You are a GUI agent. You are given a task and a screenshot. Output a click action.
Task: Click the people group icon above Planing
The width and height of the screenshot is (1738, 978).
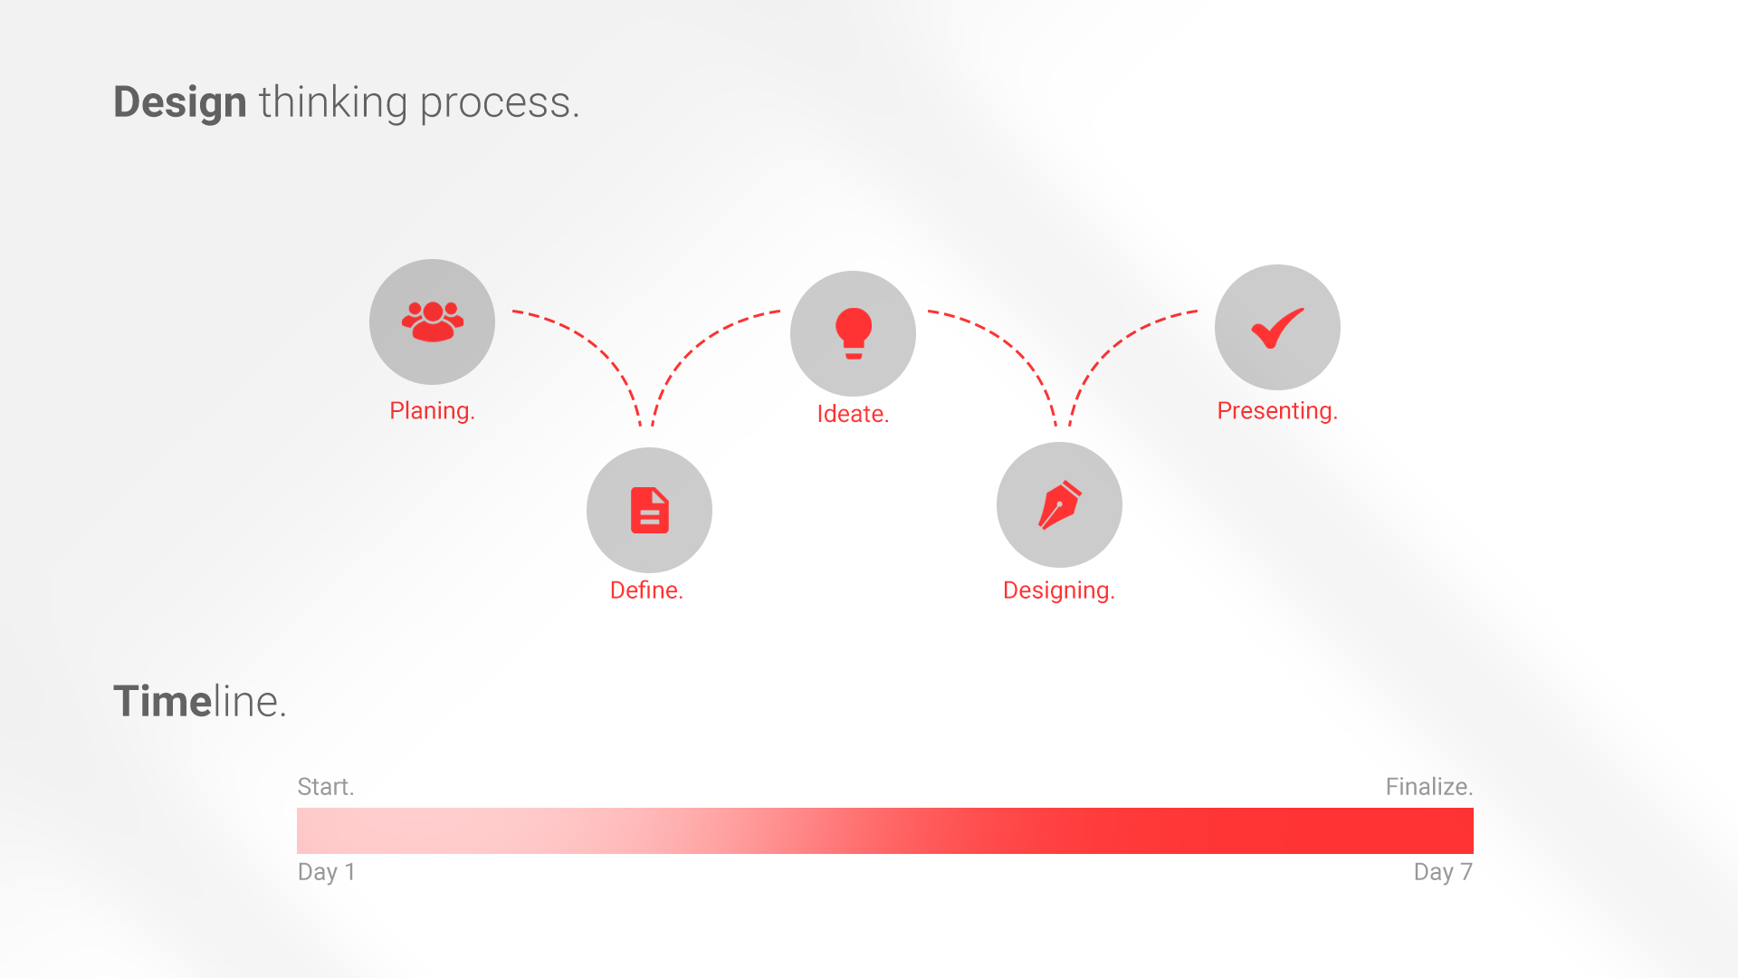click(x=433, y=321)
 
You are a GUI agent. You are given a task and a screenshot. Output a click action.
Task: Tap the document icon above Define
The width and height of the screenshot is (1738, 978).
click(x=650, y=510)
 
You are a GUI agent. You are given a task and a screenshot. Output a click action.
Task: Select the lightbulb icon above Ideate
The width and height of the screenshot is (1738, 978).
click(x=854, y=333)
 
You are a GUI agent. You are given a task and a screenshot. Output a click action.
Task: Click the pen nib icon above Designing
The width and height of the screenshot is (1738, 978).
click(x=1060, y=504)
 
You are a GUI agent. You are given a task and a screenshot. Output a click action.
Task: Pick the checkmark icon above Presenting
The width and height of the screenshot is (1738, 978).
click(x=1277, y=328)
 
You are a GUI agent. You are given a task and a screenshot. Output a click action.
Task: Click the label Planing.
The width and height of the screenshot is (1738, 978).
click(x=432, y=411)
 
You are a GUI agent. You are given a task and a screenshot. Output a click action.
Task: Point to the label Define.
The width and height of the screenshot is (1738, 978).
click(x=646, y=590)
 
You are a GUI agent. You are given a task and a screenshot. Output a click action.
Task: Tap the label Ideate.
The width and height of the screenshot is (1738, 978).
click(x=853, y=414)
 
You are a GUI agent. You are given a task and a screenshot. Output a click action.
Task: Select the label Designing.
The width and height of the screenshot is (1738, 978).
click(x=1059, y=591)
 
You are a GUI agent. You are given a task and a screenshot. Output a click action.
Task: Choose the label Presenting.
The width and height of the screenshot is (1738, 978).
click(x=1277, y=411)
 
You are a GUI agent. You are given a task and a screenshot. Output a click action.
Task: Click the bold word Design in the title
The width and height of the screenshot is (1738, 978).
click(x=180, y=102)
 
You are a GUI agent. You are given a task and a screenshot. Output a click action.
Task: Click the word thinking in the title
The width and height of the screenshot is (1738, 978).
click(x=333, y=102)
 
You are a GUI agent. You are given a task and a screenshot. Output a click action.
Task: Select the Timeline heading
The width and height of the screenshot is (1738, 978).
click(x=200, y=701)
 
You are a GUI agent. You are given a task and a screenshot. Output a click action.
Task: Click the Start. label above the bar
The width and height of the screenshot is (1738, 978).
click(x=326, y=787)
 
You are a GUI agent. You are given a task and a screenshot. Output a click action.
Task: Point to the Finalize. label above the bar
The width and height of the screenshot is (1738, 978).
click(x=1429, y=787)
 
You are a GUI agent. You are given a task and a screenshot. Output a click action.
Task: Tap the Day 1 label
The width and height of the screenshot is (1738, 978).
click(x=326, y=872)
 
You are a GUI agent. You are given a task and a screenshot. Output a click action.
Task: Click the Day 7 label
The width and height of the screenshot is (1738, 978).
click(x=1444, y=872)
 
